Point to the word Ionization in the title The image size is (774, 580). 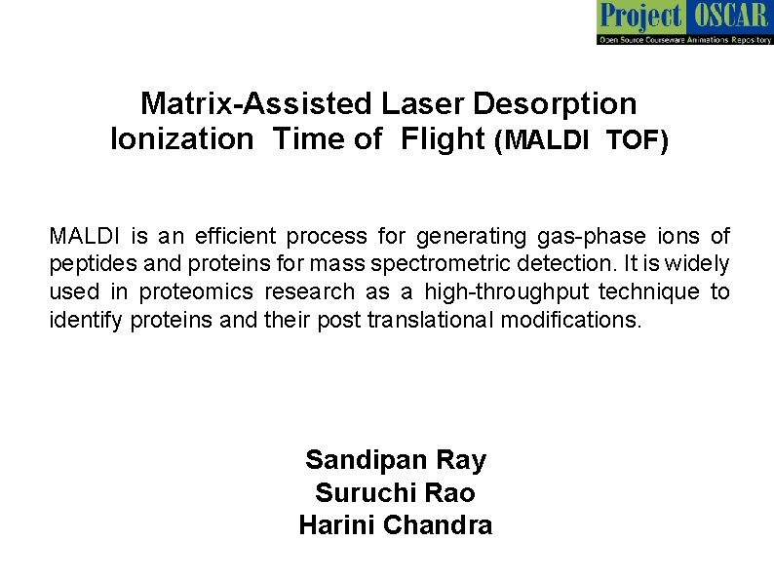click(x=181, y=139)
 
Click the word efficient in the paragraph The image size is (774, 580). click(x=234, y=236)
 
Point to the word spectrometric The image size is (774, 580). click(x=476, y=264)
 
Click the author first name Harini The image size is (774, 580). click(x=337, y=525)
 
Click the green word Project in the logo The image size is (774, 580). click(x=640, y=16)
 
